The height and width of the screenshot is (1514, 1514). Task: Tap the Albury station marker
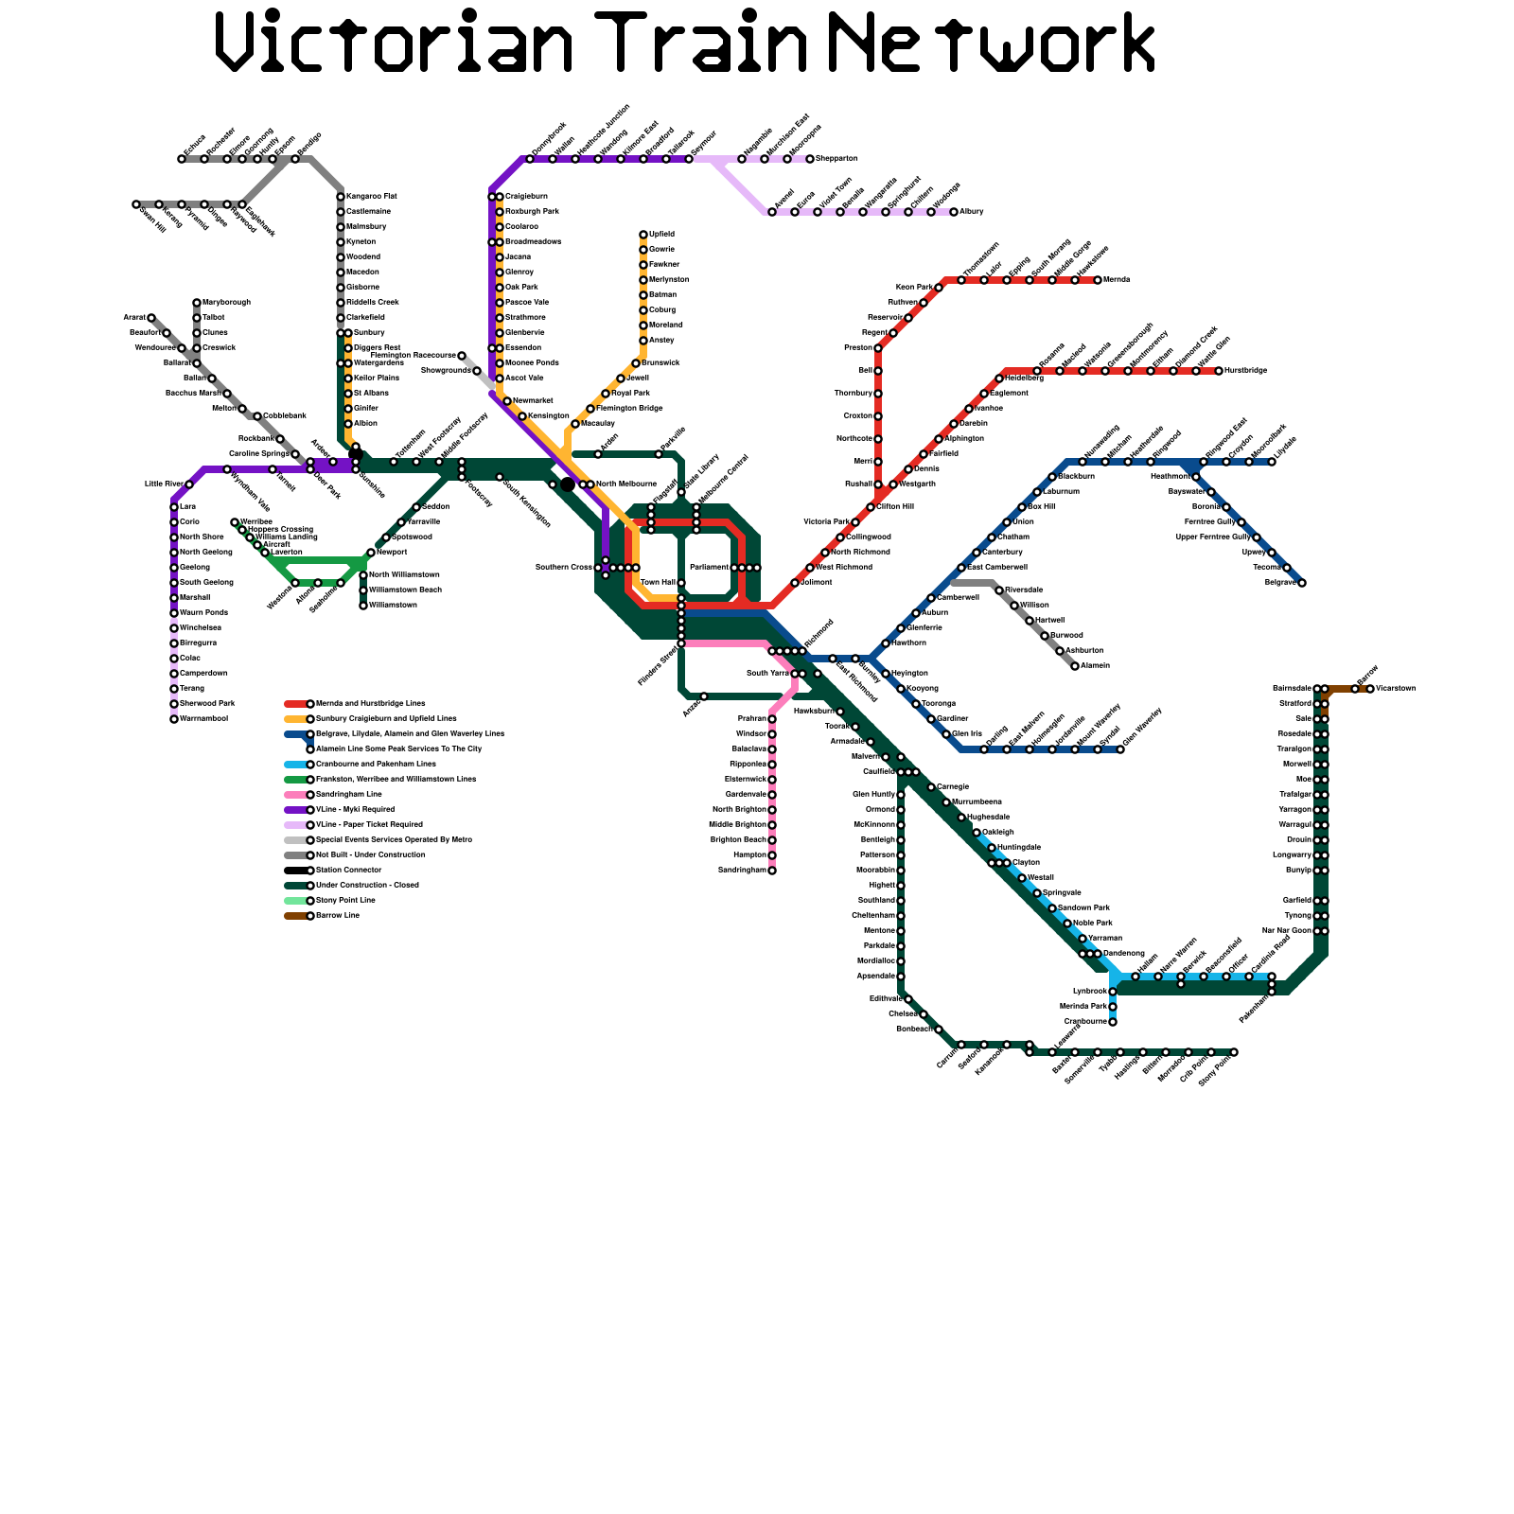pyautogui.click(x=954, y=212)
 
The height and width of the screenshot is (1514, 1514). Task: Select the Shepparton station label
pyautogui.click(x=836, y=158)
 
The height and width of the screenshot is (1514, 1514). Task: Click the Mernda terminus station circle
pyautogui.click(x=1098, y=280)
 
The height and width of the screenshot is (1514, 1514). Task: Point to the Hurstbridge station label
pyautogui.click(x=1245, y=370)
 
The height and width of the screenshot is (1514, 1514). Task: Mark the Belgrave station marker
pyautogui.click(x=1302, y=583)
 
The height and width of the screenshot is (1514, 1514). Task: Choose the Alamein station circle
pyautogui.click(x=1075, y=666)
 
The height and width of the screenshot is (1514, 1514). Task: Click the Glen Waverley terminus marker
pyautogui.click(x=1120, y=749)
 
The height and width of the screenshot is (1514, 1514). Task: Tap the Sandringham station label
pyautogui.click(x=742, y=870)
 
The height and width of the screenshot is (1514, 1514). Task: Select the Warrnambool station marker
pyautogui.click(x=174, y=719)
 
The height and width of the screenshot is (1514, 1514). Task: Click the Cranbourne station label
pyautogui.click(x=1085, y=1021)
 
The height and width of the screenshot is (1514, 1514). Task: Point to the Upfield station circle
pyautogui.click(x=643, y=235)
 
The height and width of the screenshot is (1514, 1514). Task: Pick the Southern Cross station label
pyautogui.click(x=564, y=567)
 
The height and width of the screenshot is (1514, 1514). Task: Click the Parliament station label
pyautogui.click(x=709, y=567)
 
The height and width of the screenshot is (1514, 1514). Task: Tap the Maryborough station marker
pyautogui.click(x=197, y=303)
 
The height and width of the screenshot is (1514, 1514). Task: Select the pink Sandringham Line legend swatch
pyautogui.click(x=295, y=795)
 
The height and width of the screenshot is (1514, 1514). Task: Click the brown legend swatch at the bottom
pyautogui.click(x=295, y=916)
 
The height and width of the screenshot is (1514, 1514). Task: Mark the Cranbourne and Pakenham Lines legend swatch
pyautogui.click(x=295, y=765)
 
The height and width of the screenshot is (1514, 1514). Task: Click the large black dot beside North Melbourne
pyautogui.click(x=568, y=484)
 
